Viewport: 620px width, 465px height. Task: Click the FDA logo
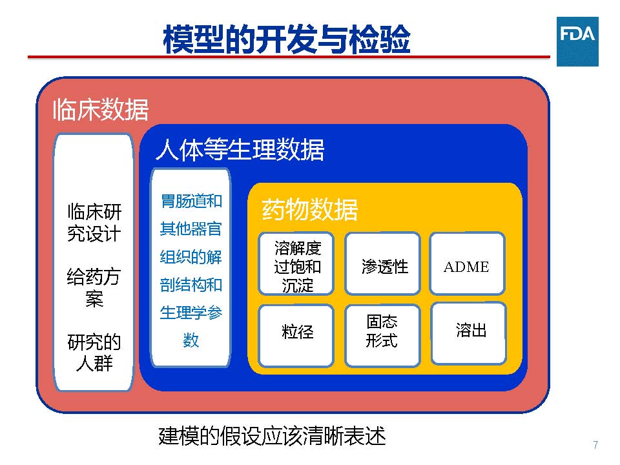(577, 41)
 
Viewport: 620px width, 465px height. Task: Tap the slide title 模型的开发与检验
(287, 39)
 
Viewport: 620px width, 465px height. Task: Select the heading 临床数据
(101, 110)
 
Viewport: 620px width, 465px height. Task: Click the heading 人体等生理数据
(240, 150)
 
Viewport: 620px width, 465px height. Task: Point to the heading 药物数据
(309, 209)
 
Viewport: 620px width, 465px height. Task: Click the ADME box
(467, 263)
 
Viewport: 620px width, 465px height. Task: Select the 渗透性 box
(382, 263)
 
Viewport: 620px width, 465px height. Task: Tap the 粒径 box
(296, 335)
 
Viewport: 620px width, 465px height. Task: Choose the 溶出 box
(469, 333)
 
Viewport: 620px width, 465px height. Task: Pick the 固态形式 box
(382, 335)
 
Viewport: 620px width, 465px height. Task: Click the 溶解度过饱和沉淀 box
(296, 263)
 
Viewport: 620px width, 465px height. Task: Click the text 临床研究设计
(94, 222)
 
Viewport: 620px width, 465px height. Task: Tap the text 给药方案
(94, 287)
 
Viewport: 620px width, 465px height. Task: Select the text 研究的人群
(94, 353)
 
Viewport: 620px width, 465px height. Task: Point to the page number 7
(595, 445)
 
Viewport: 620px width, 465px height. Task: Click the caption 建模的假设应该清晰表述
(272, 436)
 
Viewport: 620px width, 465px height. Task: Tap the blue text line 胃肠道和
(191, 201)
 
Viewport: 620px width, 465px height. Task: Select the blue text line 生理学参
(191, 313)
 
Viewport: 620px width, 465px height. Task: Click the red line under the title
(289, 57)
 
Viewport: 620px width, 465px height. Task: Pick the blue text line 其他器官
(191, 229)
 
